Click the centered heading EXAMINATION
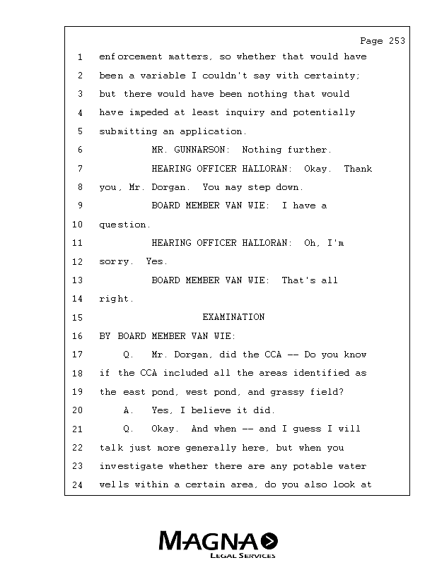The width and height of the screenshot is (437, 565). tap(233, 317)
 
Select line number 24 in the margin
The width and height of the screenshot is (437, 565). tap(78, 485)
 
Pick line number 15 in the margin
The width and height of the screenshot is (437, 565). tap(78, 318)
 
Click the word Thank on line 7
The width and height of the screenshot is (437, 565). tap(358, 169)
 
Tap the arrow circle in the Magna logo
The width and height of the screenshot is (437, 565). tap(269, 542)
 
